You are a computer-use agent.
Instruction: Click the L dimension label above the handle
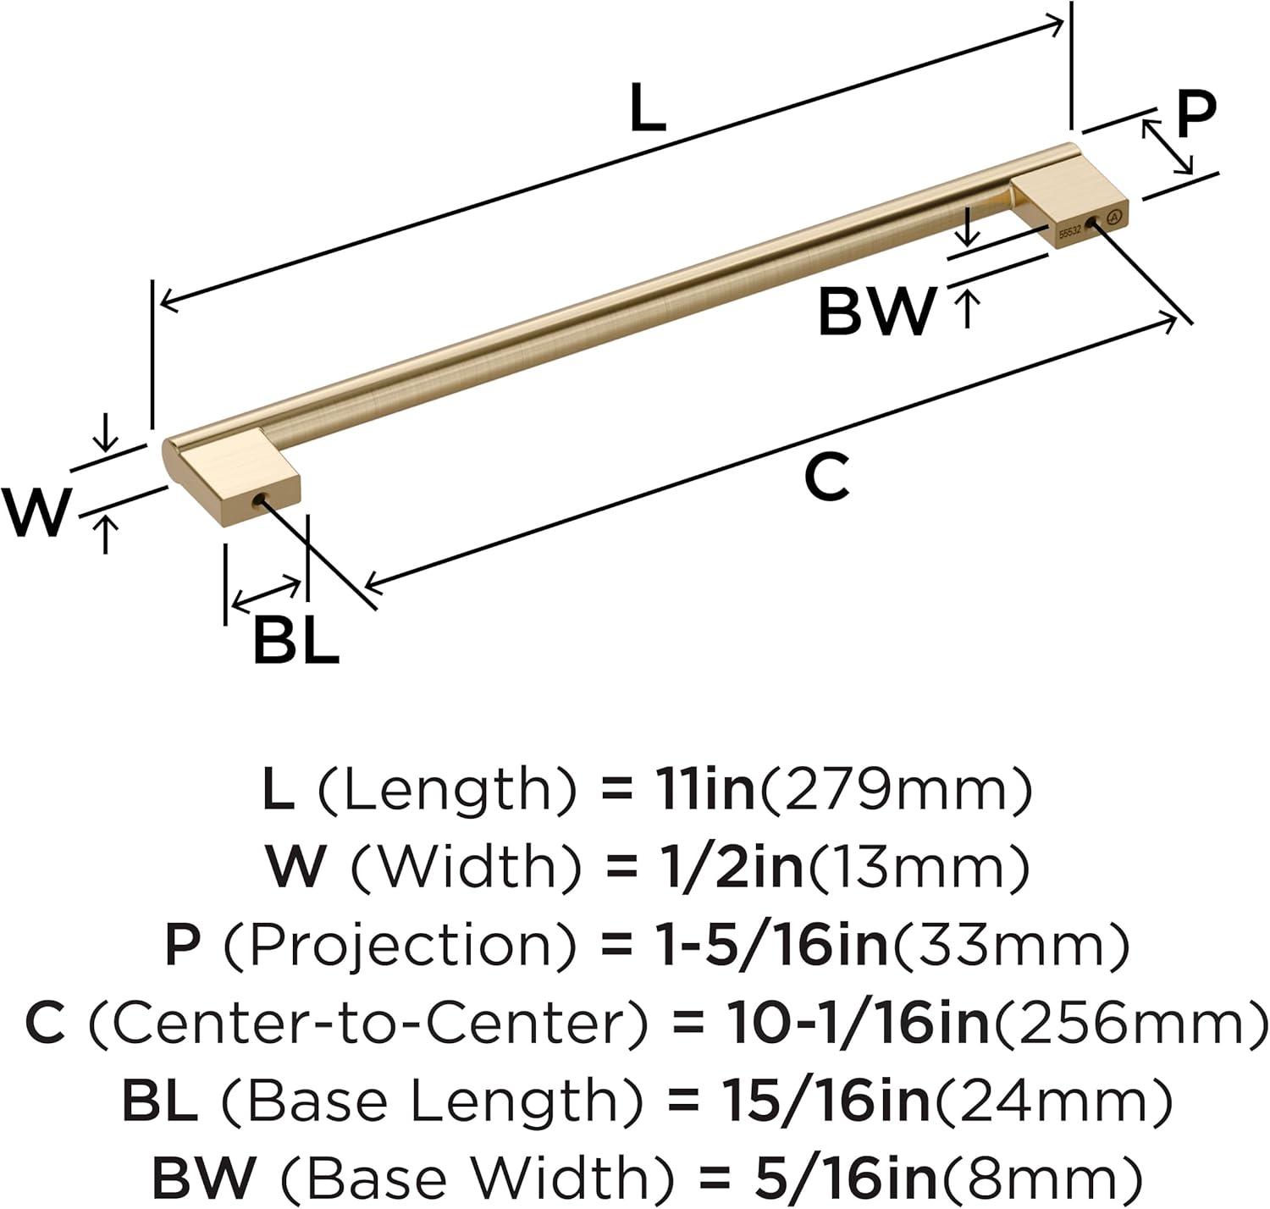[647, 108]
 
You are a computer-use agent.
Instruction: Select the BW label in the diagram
[876, 312]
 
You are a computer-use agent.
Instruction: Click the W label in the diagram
[36, 512]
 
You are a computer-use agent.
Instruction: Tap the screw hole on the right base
[1092, 224]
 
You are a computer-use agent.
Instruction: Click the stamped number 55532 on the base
[1069, 232]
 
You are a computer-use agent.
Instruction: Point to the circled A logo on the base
[1115, 217]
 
